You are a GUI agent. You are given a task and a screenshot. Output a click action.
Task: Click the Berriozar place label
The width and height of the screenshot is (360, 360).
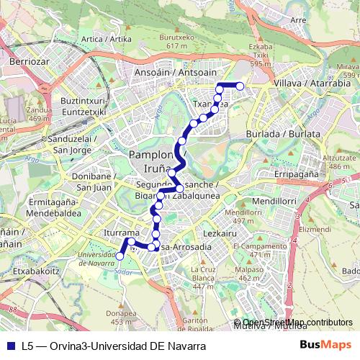(30, 61)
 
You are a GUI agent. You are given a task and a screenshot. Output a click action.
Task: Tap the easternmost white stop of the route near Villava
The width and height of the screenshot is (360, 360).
(240, 87)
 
